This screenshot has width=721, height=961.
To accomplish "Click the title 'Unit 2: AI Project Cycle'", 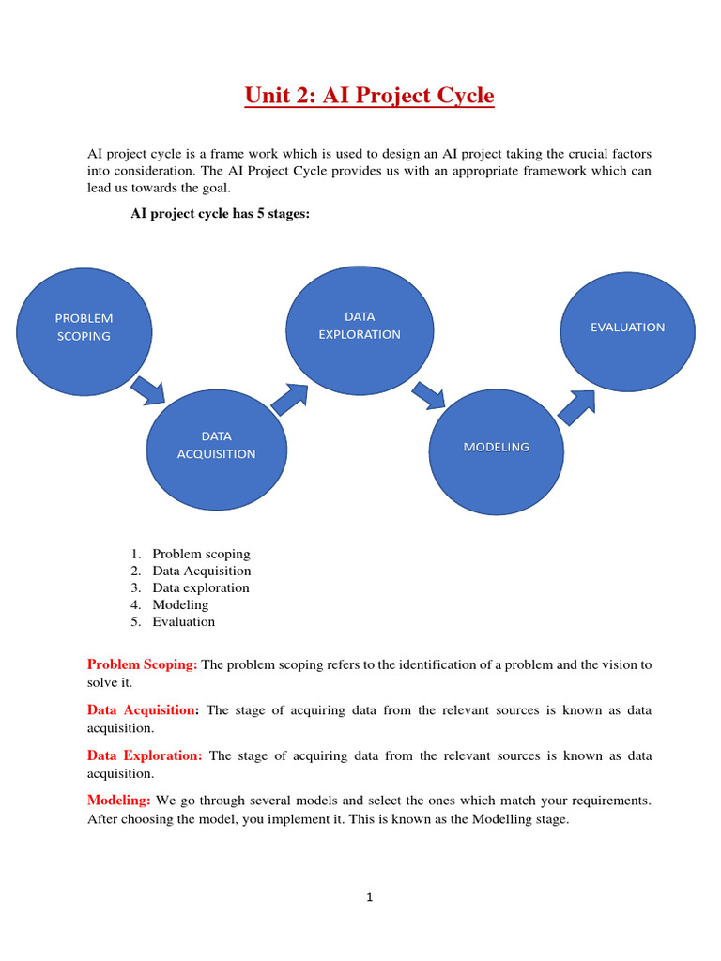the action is click(x=369, y=96).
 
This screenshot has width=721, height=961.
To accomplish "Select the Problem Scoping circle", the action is click(x=84, y=328).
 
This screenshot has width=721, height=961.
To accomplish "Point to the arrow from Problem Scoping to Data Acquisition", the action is click(x=147, y=389).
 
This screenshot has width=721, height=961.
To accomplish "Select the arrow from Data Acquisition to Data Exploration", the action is click(x=290, y=397).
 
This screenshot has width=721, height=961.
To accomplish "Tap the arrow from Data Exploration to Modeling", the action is click(x=429, y=394).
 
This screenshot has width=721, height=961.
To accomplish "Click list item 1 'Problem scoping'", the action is click(x=201, y=554).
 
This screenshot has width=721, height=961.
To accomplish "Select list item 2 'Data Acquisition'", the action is click(x=202, y=571).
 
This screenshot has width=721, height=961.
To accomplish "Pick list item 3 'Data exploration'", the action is click(x=201, y=587).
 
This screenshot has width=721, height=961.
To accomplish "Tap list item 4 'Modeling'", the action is click(x=180, y=604).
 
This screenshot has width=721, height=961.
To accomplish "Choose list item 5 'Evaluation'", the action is click(x=184, y=621).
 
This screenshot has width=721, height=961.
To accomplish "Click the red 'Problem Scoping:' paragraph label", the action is click(x=143, y=664).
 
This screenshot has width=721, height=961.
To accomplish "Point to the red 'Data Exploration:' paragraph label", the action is click(x=145, y=755).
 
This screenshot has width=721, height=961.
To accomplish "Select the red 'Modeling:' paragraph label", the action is click(x=119, y=801).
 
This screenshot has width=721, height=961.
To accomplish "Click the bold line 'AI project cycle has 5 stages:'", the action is click(x=219, y=214).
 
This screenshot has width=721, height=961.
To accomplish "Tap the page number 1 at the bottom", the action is click(x=370, y=897).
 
